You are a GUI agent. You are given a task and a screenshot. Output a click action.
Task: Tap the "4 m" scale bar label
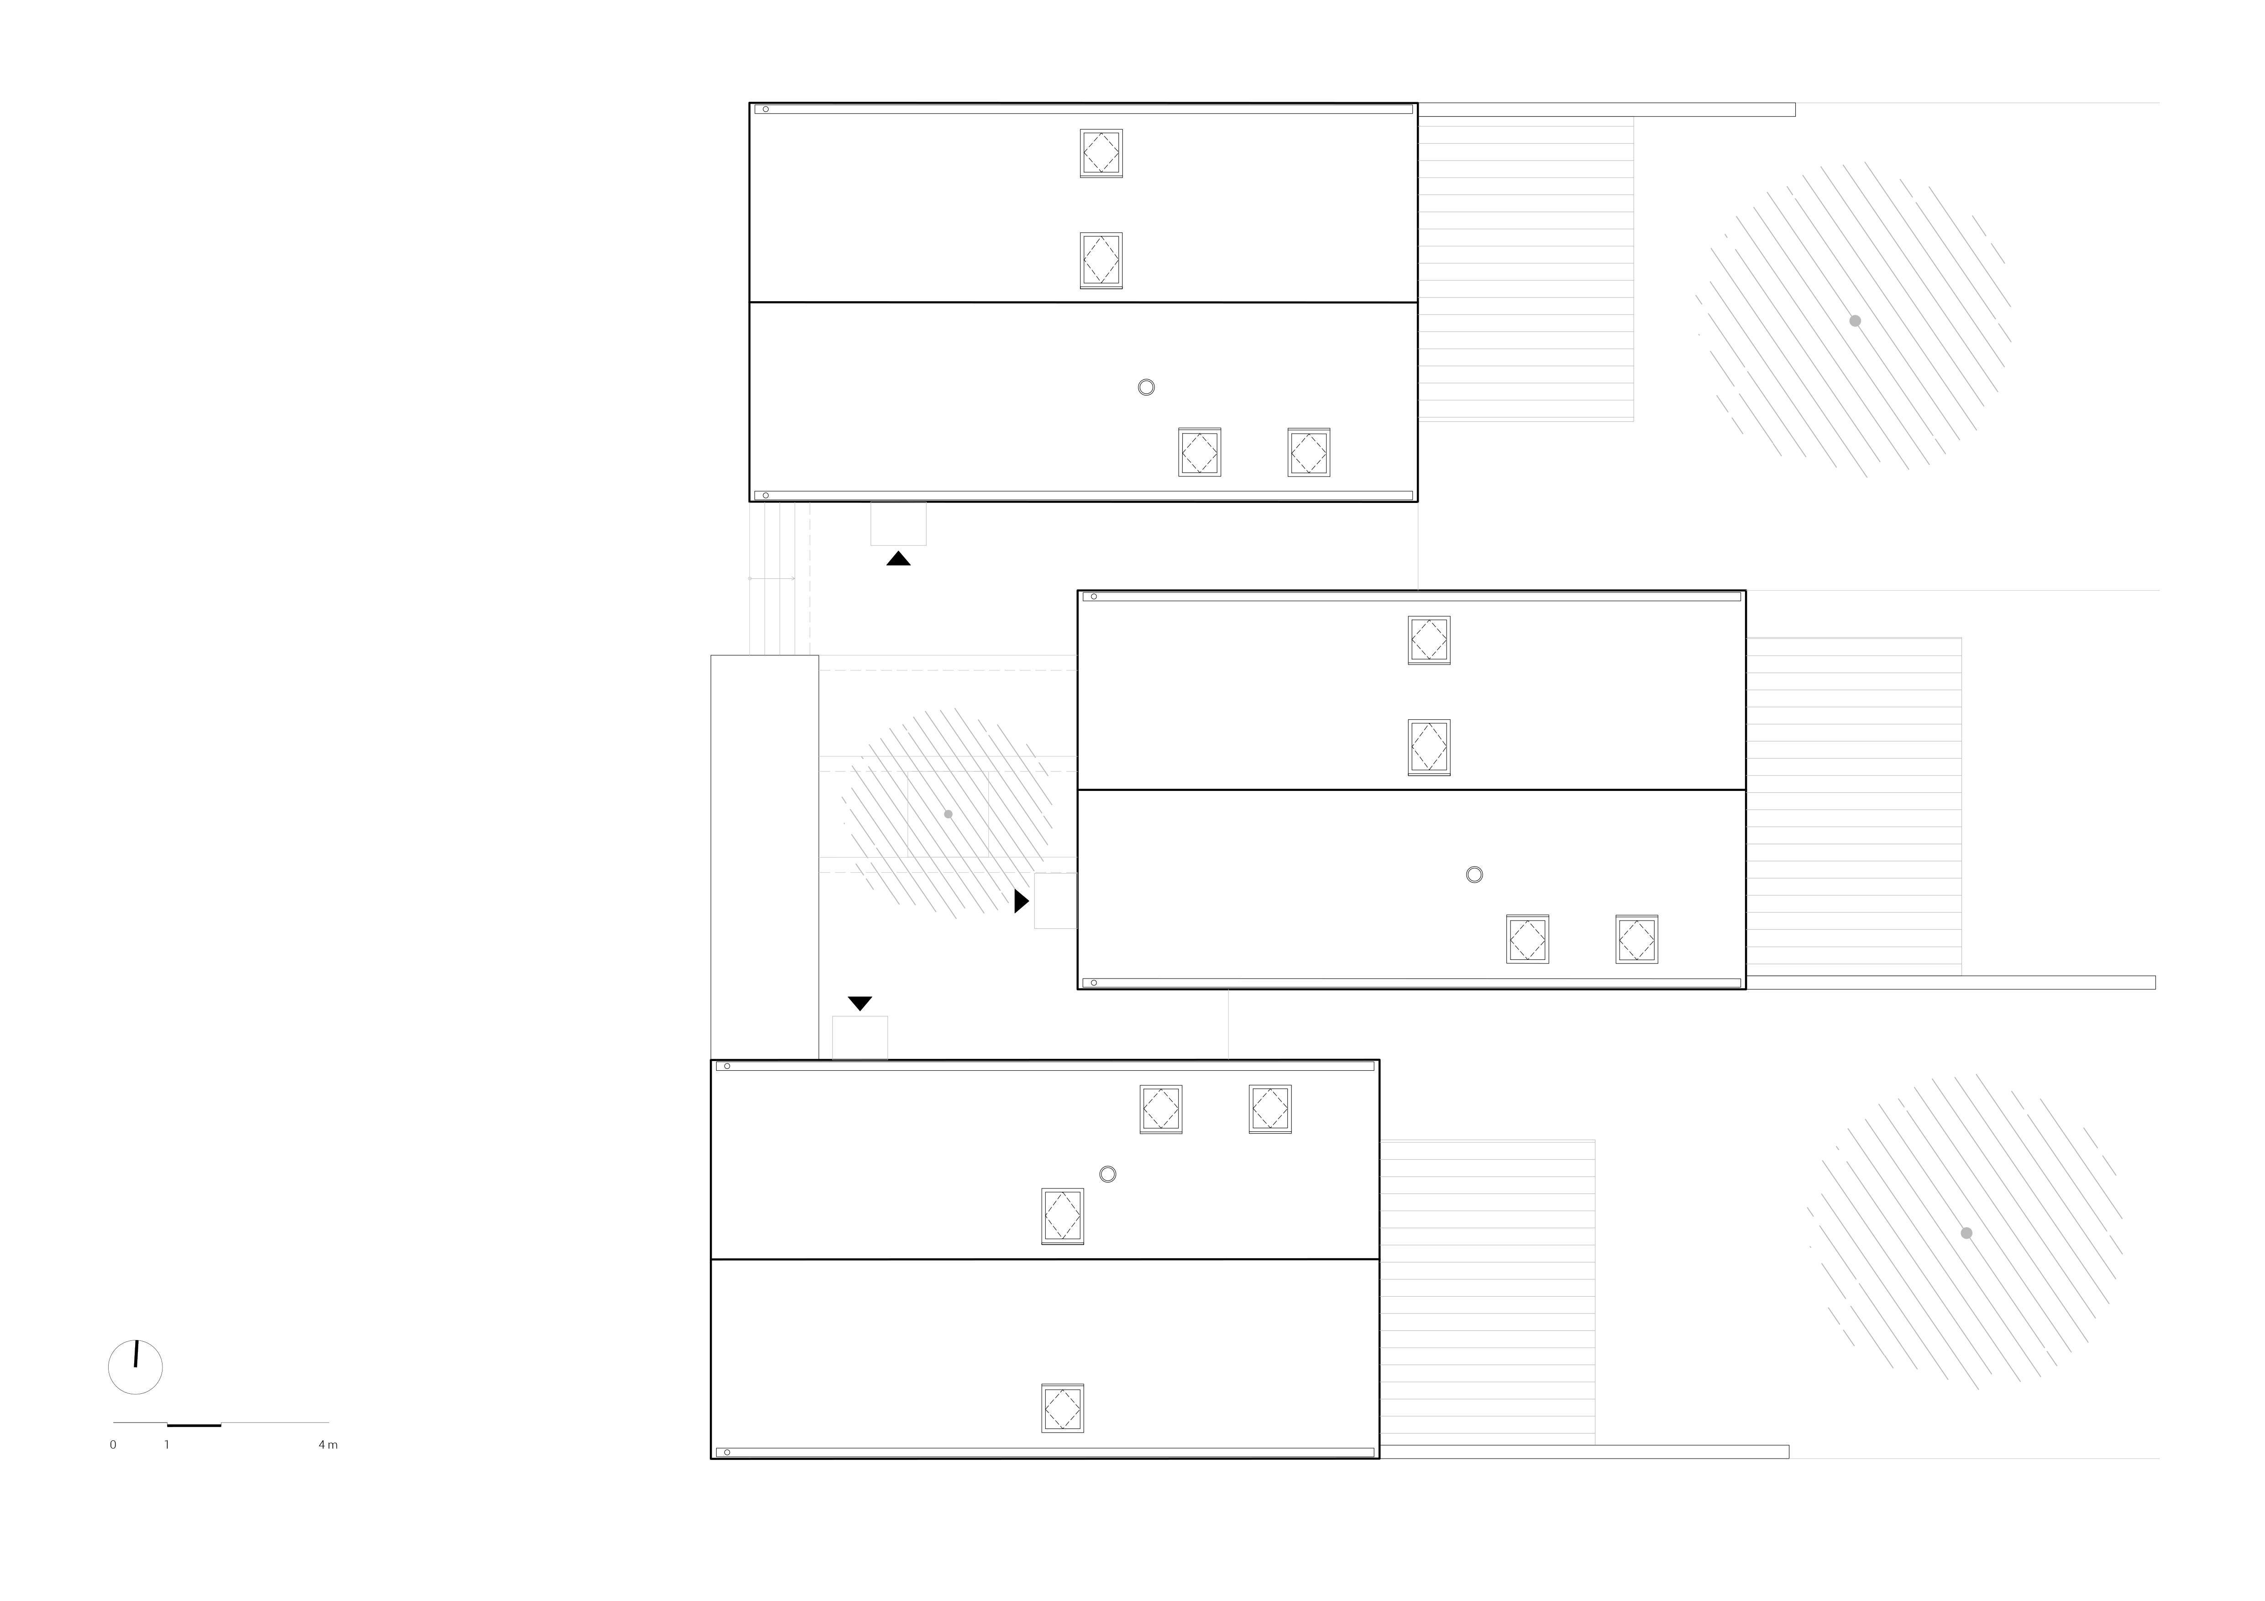point(328,1445)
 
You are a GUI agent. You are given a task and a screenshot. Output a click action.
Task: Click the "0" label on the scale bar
point(112,1445)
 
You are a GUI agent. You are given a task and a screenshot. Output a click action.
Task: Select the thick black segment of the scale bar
point(194,1424)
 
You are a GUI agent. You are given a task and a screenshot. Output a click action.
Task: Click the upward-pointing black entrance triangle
point(898,558)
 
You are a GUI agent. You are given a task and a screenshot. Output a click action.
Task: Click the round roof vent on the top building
point(1146,387)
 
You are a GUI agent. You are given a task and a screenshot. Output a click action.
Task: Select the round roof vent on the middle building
point(1474,874)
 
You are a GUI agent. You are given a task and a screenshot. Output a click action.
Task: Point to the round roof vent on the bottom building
point(1108,1174)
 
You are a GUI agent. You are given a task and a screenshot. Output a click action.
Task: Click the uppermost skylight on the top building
point(1101,153)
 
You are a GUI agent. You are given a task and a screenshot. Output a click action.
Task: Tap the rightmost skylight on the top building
point(1309,452)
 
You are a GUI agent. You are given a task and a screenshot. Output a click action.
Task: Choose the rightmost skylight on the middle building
point(1636,939)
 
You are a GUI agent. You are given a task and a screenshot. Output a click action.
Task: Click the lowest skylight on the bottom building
point(1063,1407)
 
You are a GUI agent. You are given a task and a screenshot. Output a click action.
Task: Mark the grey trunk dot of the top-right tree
point(1855,320)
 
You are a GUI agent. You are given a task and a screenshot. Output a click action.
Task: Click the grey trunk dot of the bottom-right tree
point(1966,1233)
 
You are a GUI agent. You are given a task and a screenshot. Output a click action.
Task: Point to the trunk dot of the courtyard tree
point(948,814)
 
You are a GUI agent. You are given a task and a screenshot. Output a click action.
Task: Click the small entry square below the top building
point(898,524)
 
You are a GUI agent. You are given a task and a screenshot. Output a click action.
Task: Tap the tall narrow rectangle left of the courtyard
point(765,857)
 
